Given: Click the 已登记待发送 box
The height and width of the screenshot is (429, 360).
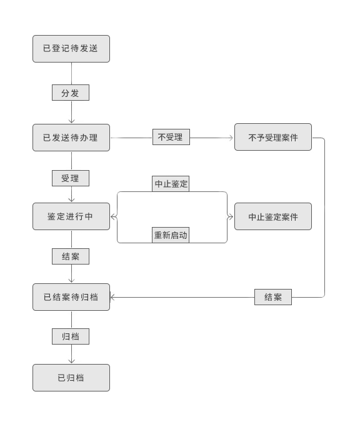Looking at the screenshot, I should tap(71, 49).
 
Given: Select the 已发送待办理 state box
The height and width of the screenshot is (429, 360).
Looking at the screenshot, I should tap(71, 138).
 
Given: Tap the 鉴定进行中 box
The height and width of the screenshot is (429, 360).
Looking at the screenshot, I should tap(71, 216).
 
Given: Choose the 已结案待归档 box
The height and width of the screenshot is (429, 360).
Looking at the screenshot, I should tap(71, 297).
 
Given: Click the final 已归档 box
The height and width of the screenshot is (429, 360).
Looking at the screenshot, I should tap(71, 378).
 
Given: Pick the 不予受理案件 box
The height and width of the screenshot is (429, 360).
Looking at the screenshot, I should tap(272, 138).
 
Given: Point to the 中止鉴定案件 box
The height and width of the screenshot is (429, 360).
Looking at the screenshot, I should tap(272, 216).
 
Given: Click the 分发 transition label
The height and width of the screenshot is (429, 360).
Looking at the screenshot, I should tap(70, 93).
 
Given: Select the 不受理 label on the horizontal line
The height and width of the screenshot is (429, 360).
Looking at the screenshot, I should tap(171, 137).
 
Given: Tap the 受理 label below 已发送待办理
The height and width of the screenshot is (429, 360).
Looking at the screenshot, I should tap(70, 178).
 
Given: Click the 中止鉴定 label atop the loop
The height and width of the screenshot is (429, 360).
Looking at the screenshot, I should tap(171, 184).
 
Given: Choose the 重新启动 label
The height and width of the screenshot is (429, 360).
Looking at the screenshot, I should tap(171, 235).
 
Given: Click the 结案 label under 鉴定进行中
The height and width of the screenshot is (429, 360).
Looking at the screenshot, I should tap(70, 256).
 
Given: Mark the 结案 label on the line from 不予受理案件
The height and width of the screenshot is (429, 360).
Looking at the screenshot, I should tap(272, 297).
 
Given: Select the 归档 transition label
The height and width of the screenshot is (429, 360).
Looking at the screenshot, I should tap(70, 336).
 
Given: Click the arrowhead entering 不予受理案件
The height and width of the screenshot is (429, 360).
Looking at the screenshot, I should tap(231, 138).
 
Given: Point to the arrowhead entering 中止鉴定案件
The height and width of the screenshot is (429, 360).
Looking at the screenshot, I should tap(231, 217).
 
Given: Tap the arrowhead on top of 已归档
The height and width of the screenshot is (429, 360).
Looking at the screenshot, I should tap(71, 361).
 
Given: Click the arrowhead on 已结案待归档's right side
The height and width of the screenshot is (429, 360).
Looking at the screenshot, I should tap(112, 297).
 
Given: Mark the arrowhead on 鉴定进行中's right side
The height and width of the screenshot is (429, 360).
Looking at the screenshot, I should tap(113, 217).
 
